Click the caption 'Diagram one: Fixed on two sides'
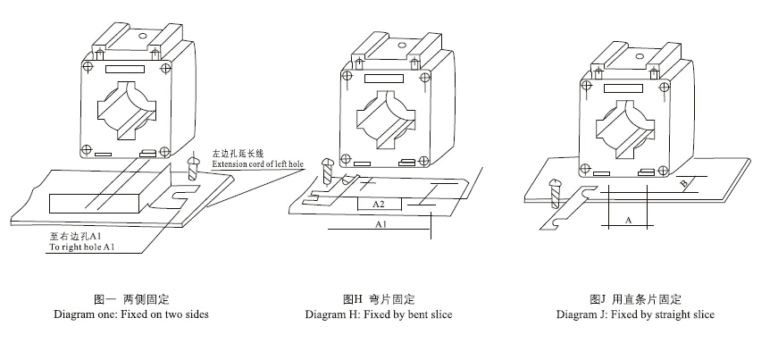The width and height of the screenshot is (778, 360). pos(131,314)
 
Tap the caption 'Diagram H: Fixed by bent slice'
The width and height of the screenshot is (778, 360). pos(379,314)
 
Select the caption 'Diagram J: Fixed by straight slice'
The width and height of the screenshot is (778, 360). pos(635,314)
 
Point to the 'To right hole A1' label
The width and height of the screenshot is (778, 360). pos(82,246)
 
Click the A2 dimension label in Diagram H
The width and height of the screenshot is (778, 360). pos(378,204)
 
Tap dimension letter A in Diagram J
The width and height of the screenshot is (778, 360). pos(627,219)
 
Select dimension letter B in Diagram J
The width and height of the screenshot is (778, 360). pos(684,185)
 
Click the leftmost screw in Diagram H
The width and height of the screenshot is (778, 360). pos(326,170)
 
